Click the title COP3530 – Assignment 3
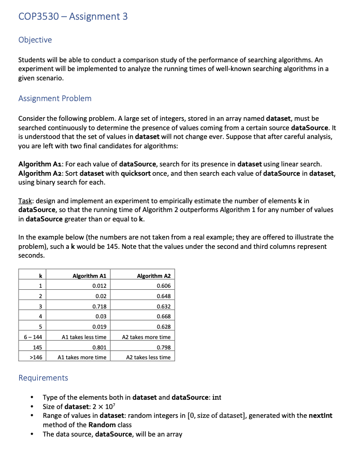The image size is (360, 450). click(x=73, y=16)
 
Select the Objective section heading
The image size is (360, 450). click(x=35, y=40)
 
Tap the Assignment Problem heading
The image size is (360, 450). click(x=54, y=99)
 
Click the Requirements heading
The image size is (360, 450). click(x=43, y=378)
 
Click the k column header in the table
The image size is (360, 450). click(x=40, y=276)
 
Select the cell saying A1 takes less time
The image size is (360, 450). click(x=84, y=337)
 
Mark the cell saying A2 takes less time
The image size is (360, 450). click(x=148, y=357)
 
